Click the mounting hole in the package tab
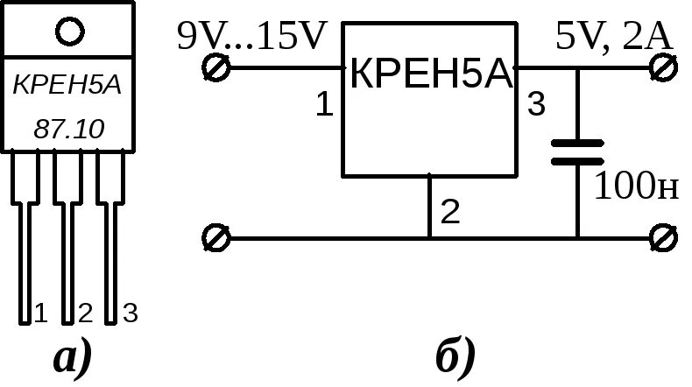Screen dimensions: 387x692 pyautogui.click(x=69, y=32)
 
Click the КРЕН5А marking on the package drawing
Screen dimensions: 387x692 pyautogui.click(x=67, y=86)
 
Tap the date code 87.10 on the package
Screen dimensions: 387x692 pyautogui.click(x=68, y=130)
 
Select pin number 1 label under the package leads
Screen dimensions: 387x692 pyautogui.click(x=39, y=313)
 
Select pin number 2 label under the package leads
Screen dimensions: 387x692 pyautogui.click(x=85, y=313)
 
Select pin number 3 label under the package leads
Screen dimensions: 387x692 pyautogui.click(x=130, y=313)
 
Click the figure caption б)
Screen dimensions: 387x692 pyautogui.click(x=455, y=358)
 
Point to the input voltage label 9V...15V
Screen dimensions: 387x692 pyautogui.click(x=251, y=37)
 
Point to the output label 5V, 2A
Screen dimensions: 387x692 pyautogui.click(x=612, y=37)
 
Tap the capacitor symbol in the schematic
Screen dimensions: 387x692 pyautogui.click(x=577, y=151)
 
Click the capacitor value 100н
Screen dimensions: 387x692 pyautogui.click(x=637, y=186)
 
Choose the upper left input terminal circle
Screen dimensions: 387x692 pyautogui.click(x=215, y=67)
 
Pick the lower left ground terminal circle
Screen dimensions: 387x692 pyautogui.click(x=215, y=237)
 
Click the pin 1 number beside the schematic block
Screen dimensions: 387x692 pyautogui.click(x=324, y=106)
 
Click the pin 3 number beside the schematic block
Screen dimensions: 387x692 pyautogui.click(x=536, y=106)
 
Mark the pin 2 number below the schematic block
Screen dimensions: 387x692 pyautogui.click(x=449, y=212)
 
